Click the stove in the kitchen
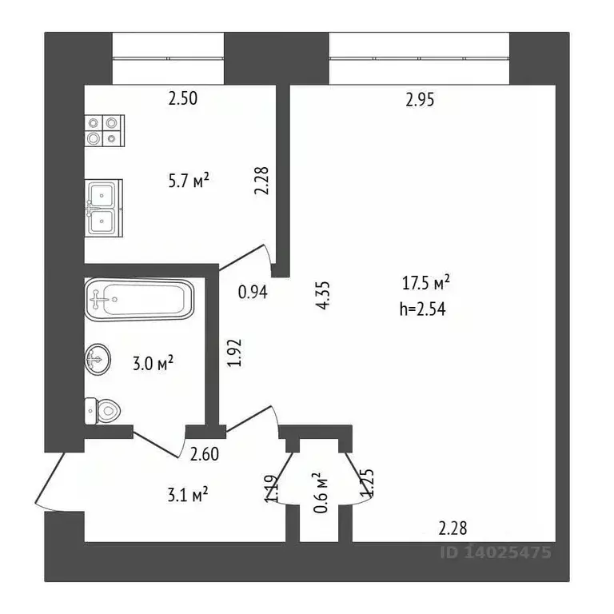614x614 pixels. (105, 130)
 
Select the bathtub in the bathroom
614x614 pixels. (139, 300)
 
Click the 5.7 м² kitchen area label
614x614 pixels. (188, 181)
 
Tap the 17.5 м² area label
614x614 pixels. (427, 283)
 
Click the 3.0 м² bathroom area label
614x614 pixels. (153, 364)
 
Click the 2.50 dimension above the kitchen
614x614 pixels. (182, 99)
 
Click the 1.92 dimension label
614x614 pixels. (233, 353)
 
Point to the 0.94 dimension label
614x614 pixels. (252, 292)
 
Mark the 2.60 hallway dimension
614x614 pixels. (204, 456)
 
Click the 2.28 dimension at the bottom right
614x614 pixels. (453, 528)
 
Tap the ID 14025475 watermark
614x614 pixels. (496, 552)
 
